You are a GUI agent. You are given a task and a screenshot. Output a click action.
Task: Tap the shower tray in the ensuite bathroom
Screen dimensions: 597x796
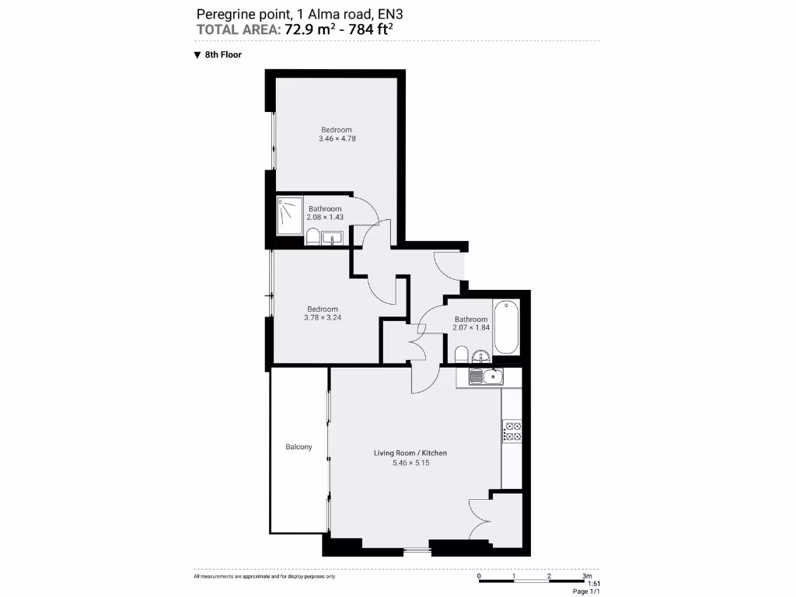point(291,215)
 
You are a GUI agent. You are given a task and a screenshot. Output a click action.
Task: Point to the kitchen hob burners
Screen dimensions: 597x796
point(511,431)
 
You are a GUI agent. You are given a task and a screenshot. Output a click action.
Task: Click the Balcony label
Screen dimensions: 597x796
point(298,447)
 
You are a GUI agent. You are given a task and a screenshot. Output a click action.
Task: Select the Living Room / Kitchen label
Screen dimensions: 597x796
point(410,453)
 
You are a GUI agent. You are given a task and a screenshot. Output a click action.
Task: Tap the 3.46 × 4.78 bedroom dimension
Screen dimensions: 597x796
point(337,138)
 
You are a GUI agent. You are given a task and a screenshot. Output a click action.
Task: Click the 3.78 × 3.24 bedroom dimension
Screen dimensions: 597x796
point(322,317)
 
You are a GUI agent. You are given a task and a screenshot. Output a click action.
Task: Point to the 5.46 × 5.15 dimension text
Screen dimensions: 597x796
point(410,463)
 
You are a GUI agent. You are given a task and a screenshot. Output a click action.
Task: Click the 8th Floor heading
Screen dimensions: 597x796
point(223,55)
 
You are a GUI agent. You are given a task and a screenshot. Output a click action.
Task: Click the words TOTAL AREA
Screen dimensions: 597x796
point(238,30)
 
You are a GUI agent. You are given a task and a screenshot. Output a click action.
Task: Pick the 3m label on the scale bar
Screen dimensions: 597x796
point(587,575)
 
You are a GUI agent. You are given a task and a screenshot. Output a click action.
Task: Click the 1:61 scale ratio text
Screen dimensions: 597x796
point(594,584)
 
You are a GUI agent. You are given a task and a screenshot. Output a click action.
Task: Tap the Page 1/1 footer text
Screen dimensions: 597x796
point(586,592)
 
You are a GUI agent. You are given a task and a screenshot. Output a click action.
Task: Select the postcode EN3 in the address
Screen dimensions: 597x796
point(390,13)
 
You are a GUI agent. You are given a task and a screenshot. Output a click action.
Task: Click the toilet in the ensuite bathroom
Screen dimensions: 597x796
point(312,236)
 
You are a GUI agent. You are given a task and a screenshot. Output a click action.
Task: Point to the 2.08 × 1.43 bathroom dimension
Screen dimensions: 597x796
point(324,218)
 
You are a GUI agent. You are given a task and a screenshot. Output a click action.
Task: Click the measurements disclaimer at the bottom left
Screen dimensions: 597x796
point(264,576)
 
